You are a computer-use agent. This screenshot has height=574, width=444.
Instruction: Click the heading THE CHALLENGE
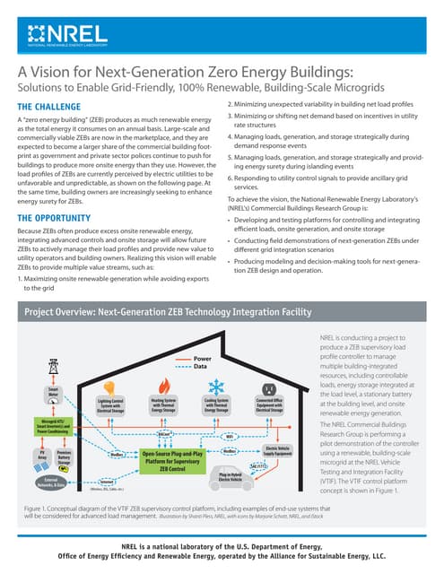coord(53,108)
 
